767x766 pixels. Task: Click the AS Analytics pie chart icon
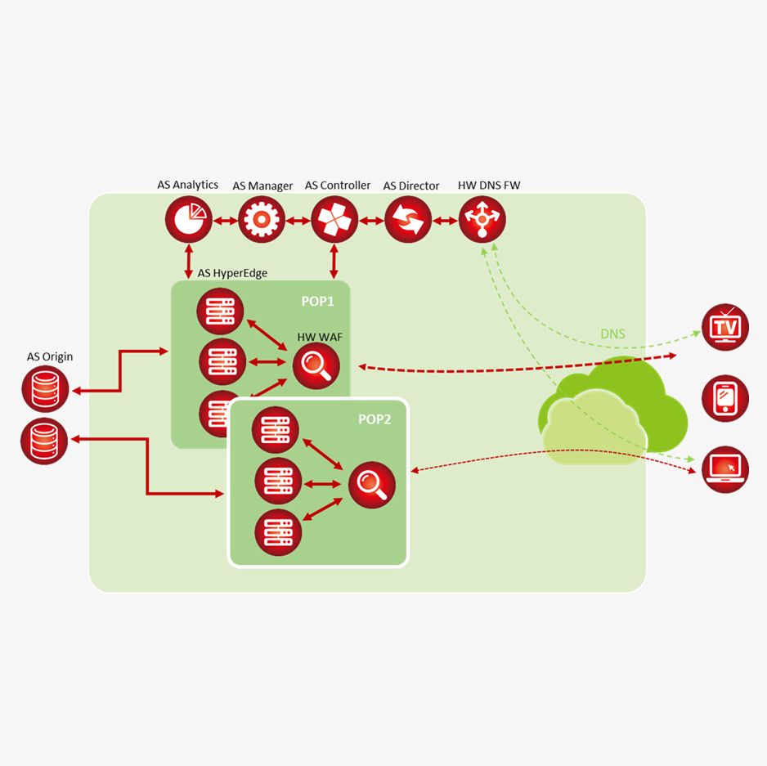189,220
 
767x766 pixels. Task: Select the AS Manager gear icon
262,220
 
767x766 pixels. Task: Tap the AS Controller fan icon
334,220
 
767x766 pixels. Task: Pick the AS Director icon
408,220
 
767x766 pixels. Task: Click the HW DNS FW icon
482,220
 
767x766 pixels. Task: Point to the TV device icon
725,327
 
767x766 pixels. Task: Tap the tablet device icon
725,398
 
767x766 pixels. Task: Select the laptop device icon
725,469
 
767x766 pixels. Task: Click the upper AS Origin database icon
45,388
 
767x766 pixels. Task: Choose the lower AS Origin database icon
44,441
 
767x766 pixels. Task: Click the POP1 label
318,301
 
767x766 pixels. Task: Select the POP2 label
375,419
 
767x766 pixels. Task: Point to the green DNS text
613,334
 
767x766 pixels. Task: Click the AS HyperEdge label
232,273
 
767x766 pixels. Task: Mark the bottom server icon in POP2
278,532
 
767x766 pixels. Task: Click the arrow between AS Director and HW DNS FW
445,221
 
